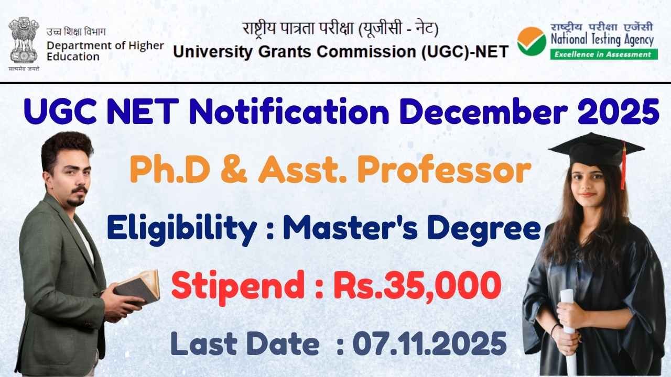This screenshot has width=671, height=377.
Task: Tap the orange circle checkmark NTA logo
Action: coord(532,41)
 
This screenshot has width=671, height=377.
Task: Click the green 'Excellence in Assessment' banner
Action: coord(604,54)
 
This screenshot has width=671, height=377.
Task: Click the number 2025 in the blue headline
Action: coord(618,112)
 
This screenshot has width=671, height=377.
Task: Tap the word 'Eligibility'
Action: coord(182,229)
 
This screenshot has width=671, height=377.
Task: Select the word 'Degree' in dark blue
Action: coord(484,230)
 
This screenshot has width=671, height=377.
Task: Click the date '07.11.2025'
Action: coord(430,343)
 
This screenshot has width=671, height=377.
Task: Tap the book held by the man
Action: coord(137,288)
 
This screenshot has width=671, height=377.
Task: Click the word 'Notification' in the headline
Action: coord(289,112)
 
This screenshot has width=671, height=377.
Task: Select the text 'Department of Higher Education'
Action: coord(105,51)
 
